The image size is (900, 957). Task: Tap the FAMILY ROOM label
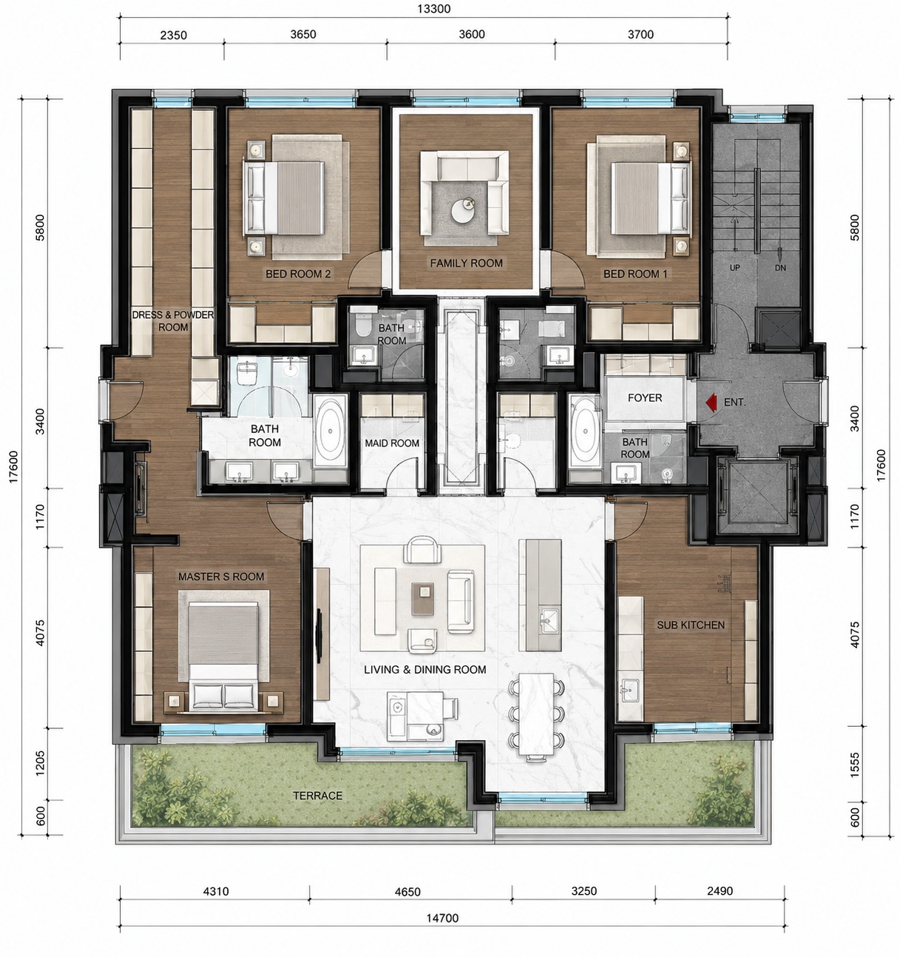[466, 263]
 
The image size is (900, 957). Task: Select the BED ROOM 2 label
[298, 274]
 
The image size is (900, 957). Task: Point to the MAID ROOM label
[391, 443]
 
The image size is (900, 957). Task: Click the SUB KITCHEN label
[691, 625]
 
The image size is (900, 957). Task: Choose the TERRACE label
[318, 796]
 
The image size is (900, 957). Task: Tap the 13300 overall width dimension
[434, 9]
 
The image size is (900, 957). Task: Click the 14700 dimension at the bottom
[442, 918]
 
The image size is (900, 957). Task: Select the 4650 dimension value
[407, 892]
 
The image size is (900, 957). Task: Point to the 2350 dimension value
[173, 36]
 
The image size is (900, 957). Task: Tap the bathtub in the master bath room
[331, 431]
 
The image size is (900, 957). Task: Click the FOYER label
[645, 397]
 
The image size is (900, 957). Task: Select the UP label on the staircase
[734, 267]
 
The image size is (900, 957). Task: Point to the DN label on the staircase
[781, 267]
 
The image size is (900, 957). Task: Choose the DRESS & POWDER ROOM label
[173, 321]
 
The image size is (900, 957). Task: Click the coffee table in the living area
[422, 599]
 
